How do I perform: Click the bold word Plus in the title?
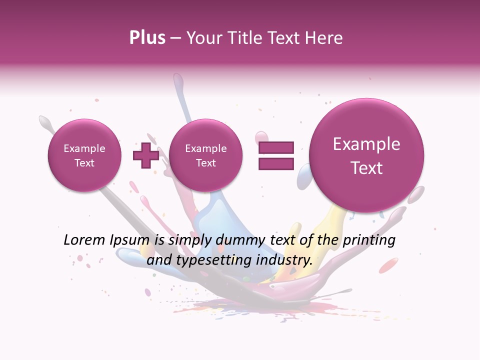pyautogui.click(x=147, y=38)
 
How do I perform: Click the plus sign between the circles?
pyautogui.click(x=145, y=155)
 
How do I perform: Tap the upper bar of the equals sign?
pyautogui.click(x=276, y=147)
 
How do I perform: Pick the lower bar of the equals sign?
pyautogui.click(x=276, y=163)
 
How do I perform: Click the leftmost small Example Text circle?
pyautogui.click(x=84, y=155)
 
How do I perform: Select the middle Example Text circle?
pyautogui.click(x=205, y=155)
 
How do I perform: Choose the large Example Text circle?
pyautogui.click(x=366, y=155)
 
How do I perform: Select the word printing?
pyautogui.click(x=368, y=240)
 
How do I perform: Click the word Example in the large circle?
pyautogui.click(x=366, y=144)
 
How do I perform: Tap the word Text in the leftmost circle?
pyautogui.click(x=84, y=163)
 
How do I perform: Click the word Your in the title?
pyautogui.click(x=202, y=38)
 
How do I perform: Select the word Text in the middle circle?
pyautogui.click(x=205, y=163)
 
